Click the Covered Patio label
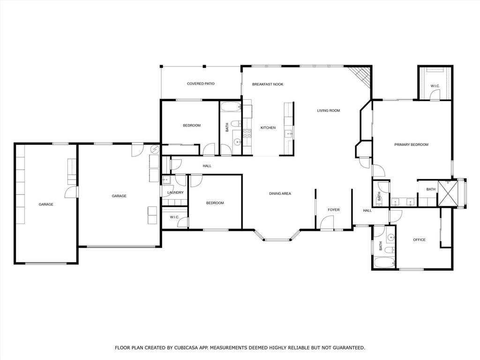201,84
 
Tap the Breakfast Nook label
268,84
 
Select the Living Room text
328,111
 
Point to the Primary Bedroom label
411,145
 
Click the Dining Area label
280,194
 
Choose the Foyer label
333,210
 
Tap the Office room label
419,240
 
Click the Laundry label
175,193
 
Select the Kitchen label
268,128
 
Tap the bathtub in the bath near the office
384,262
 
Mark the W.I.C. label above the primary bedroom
435,86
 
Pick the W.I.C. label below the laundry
174,217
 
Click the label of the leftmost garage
46,204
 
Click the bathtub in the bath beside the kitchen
231,107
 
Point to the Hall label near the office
367,210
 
